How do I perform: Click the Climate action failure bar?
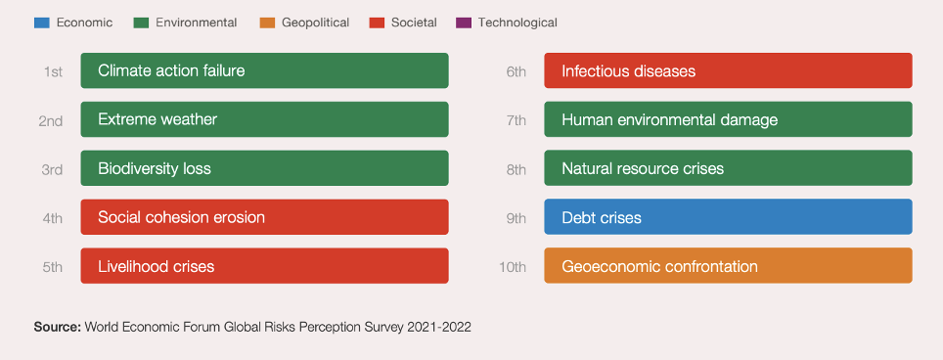pyautogui.click(x=265, y=70)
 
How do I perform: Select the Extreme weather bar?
pyautogui.click(x=265, y=119)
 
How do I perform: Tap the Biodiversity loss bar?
pyautogui.click(x=265, y=168)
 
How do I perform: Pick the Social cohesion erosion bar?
pyautogui.click(x=265, y=217)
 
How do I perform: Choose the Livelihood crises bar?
pyautogui.click(x=265, y=266)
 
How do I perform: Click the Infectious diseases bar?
pyautogui.click(x=729, y=70)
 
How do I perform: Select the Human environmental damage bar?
pyautogui.click(x=729, y=119)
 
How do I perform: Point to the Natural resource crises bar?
pyautogui.click(x=729, y=168)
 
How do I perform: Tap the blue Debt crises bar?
pyautogui.click(x=729, y=217)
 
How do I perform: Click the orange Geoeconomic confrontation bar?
pyautogui.click(x=729, y=266)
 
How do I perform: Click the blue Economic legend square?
pyautogui.click(x=41, y=22)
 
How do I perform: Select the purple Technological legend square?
pyautogui.click(x=464, y=22)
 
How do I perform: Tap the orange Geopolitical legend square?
pyautogui.click(x=267, y=22)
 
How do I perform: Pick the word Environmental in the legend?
pyautogui.click(x=196, y=22)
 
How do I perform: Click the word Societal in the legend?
pyautogui.click(x=414, y=22)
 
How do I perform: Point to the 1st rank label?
pyautogui.click(x=53, y=71)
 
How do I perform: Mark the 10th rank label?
pyautogui.click(x=513, y=266)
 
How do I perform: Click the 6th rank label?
pyautogui.click(x=516, y=71)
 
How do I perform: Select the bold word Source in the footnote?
pyautogui.click(x=57, y=327)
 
